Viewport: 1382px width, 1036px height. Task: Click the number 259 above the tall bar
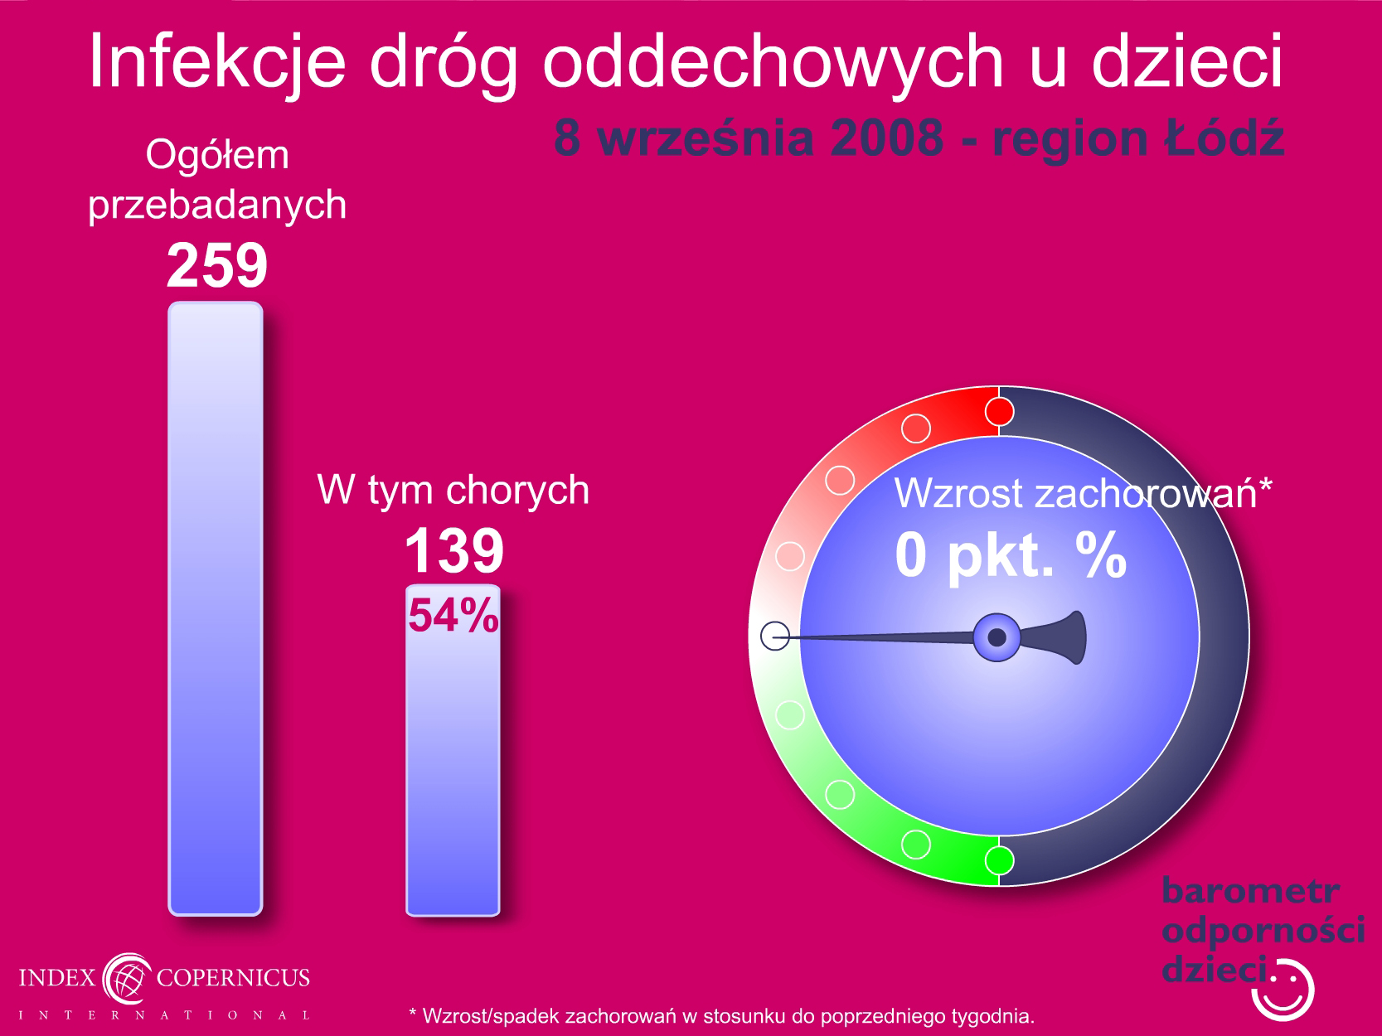pyautogui.click(x=217, y=265)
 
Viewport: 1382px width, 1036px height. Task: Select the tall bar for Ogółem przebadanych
pyautogui.click(x=216, y=608)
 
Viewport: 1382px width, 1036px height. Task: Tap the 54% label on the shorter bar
pyautogui.click(x=453, y=615)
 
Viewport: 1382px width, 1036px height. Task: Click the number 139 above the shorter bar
pyautogui.click(x=454, y=550)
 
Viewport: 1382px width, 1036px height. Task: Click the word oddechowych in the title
pyautogui.click(x=773, y=63)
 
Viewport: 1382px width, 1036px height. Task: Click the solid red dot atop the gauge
pyautogui.click(x=999, y=412)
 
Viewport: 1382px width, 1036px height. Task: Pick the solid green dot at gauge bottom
pyautogui.click(x=999, y=860)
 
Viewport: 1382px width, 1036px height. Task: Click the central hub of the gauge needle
pyautogui.click(x=996, y=637)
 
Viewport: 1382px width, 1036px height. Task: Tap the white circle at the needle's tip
pyautogui.click(x=775, y=636)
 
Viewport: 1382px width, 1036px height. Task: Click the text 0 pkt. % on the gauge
pyautogui.click(x=1011, y=554)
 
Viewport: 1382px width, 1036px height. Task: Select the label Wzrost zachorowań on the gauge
pyautogui.click(x=1075, y=493)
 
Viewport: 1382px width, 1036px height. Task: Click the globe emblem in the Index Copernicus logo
pyautogui.click(x=127, y=979)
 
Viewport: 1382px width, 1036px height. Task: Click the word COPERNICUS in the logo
pyautogui.click(x=233, y=977)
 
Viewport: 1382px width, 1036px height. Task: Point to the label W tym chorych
pyautogui.click(x=453, y=490)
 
